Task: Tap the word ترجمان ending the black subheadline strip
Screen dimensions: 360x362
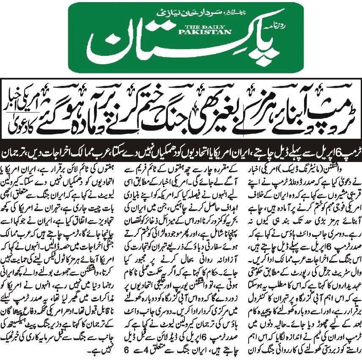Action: coord(19,151)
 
